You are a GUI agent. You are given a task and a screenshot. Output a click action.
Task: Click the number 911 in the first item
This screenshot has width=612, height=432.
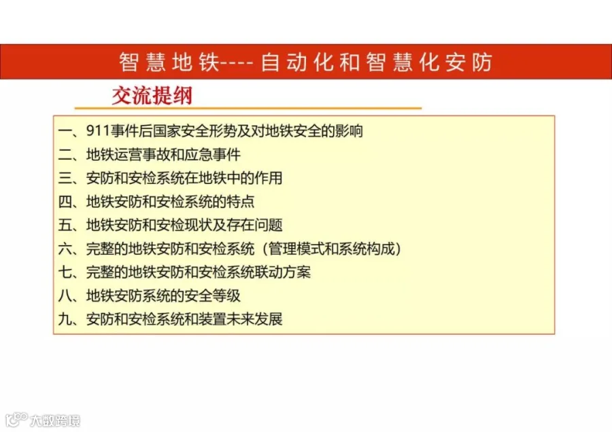coord(98,131)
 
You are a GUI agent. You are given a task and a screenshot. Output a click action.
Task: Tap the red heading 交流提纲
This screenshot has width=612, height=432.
coord(152,96)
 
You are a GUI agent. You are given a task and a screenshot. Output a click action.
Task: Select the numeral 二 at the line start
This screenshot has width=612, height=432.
coord(65,155)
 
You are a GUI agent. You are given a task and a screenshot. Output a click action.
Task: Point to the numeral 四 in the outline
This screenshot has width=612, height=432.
coord(65,202)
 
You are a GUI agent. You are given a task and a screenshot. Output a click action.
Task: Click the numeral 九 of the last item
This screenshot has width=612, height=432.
coord(65,319)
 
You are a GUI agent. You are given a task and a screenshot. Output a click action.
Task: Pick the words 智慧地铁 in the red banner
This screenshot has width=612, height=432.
coord(169,62)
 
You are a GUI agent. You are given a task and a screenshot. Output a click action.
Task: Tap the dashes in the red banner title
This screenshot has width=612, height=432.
coord(237,62)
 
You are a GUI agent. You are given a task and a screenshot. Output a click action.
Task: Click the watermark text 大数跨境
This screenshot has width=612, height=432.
coord(55,420)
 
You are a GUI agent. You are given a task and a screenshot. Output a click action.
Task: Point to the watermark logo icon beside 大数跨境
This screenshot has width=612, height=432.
coord(16,420)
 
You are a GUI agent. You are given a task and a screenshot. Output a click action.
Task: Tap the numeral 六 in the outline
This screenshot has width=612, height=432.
coord(65,249)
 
